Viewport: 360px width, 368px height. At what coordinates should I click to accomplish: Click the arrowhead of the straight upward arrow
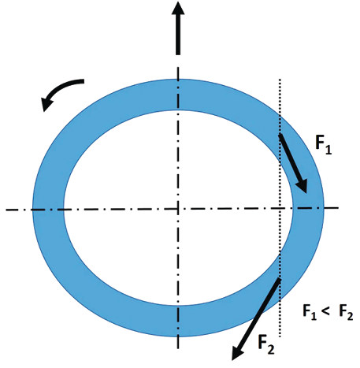[178, 9]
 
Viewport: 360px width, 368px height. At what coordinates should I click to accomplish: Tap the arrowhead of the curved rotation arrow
[46, 103]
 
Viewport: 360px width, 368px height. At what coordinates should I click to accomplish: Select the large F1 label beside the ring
[323, 145]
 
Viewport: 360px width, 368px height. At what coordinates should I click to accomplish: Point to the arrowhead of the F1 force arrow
[302, 186]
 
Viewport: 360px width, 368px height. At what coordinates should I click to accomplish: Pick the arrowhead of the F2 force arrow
[237, 353]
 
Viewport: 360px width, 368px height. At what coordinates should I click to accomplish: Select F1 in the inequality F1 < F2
[310, 312]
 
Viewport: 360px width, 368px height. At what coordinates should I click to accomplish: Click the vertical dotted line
[280, 207]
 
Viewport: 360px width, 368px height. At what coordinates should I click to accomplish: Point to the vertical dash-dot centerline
[178, 207]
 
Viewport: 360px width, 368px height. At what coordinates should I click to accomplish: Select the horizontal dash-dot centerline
[172, 209]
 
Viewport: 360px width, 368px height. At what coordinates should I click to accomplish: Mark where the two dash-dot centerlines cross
[178, 209]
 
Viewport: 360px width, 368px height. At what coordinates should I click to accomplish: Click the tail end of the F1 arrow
[280, 135]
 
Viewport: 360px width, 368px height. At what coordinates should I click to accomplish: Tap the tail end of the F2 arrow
[280, 280]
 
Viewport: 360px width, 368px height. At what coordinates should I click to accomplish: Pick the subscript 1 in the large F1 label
[328, 150]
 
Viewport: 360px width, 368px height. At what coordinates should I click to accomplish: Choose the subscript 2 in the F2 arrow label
[271, 349]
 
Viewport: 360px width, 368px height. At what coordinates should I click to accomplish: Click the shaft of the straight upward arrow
[178, 35]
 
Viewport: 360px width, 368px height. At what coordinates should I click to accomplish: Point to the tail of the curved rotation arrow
[84, 81]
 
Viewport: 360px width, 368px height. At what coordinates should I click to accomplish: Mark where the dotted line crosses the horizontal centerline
[280, 208]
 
